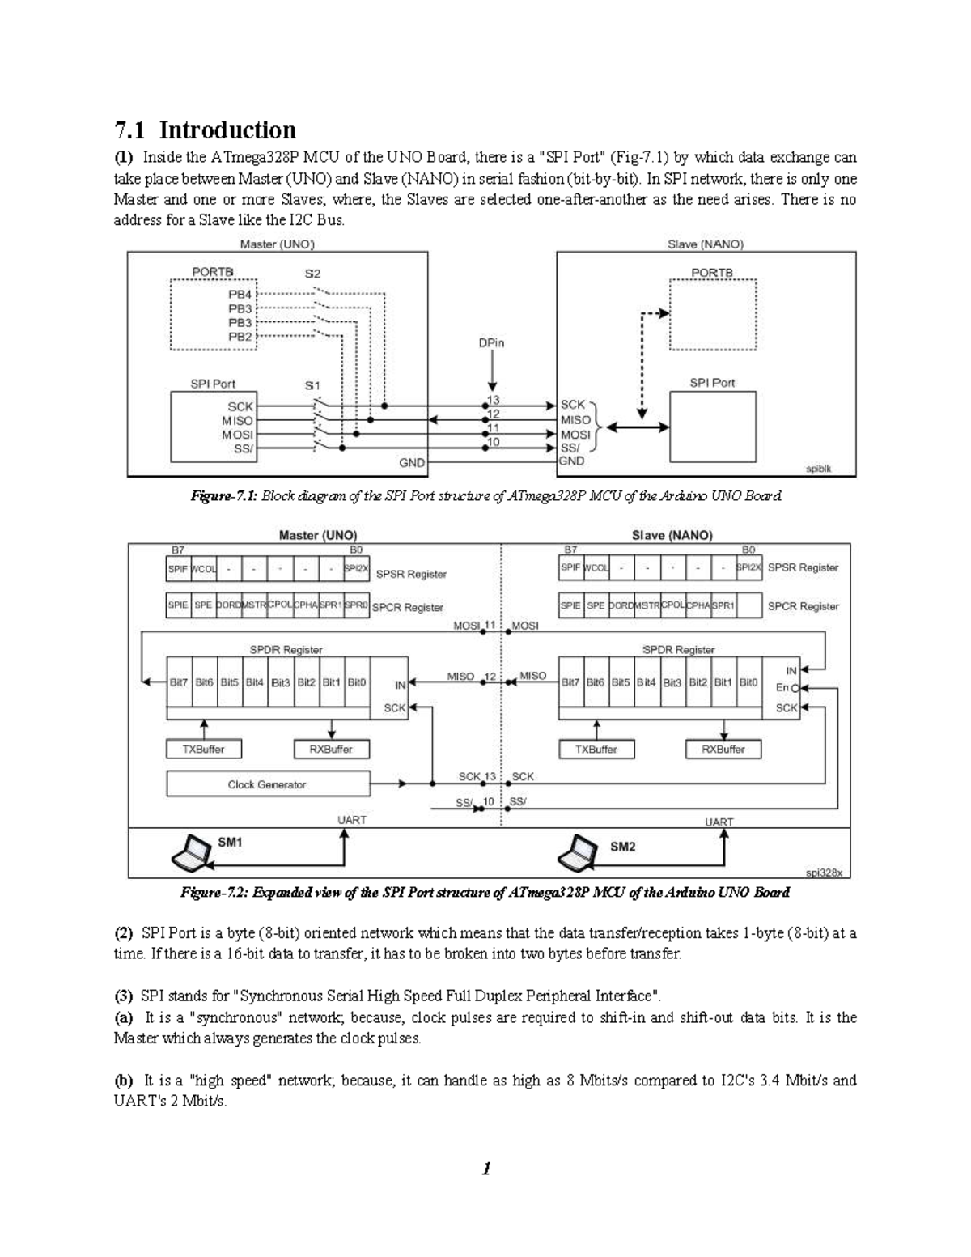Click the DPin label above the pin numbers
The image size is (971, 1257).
point(491,343)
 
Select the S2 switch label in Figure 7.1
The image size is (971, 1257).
point(312,274)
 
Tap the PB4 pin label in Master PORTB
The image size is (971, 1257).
point(240,295)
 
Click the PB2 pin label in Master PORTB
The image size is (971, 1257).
point(240,336)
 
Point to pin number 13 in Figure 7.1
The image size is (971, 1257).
point(494,401)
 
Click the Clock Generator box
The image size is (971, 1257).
point(267,784)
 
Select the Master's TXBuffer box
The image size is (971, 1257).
point(203,750)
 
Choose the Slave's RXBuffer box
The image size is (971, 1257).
point(723,750)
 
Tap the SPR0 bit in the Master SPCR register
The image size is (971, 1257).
point(356,605)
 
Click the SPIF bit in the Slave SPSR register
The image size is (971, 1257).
point(570,568)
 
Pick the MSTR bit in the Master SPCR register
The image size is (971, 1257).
point(254,605)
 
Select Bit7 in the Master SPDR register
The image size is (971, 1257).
point(178,682)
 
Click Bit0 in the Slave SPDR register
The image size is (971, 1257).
point(748,682)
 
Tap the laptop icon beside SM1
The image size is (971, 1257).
point(191,851)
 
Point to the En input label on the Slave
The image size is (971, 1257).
point(782,688)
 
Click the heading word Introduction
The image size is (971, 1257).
point(227,130)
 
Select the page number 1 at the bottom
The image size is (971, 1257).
point(485,1169)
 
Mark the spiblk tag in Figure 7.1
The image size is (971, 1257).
point(819,469)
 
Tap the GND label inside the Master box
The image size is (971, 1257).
point(412,463)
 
